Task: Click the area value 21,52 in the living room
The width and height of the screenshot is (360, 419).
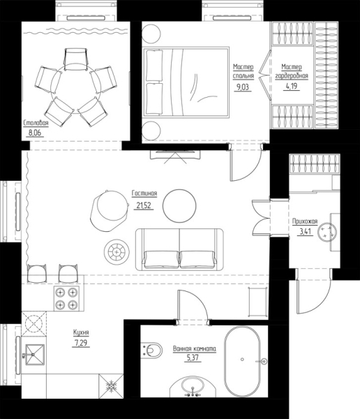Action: (x=144, y=205)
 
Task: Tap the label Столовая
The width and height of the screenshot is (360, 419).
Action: (x=36, y=123)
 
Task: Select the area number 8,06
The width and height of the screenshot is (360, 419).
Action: (x=36, y=133)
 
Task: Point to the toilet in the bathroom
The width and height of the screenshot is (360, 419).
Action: (x=151, y=349)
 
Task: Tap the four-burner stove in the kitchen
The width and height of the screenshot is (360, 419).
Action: (x=66, y=298)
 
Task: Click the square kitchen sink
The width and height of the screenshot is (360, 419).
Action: (x=35, y=354)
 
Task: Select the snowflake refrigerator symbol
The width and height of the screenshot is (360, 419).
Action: (x=111, y=386)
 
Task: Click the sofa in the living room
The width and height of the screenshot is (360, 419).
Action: (x=179, y=249)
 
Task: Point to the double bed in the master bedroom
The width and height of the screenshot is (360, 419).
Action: (x=186, y=82)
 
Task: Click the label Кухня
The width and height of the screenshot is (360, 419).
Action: (x=81, y=332)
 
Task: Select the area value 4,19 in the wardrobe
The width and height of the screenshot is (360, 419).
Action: (x=292, y=87)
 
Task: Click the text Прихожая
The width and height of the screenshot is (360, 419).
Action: (x=305, y=221)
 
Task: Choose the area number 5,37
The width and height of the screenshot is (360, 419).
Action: (x=193, y=358)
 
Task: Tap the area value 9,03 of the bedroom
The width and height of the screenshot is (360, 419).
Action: (x=243, y=87)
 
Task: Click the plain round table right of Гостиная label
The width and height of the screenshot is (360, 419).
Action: (x=179, y=205)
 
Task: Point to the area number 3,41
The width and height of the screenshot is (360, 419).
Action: (x=305, y=231)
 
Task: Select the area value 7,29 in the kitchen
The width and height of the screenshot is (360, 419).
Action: (x=81, y=342)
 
